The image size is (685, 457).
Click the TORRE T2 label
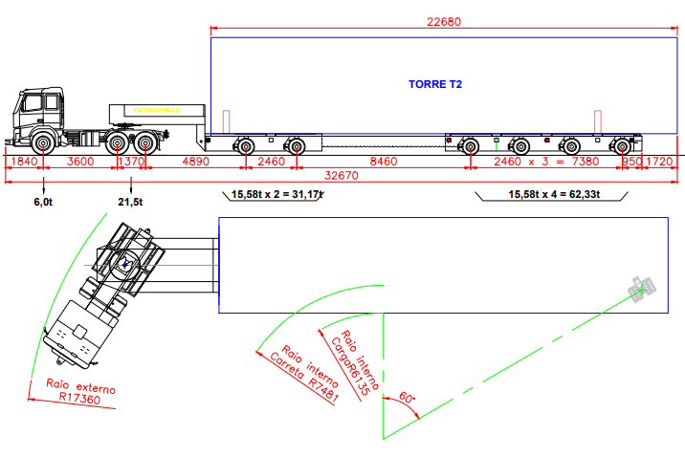[x=435, y=85]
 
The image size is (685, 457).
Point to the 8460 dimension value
[x=383, y=162]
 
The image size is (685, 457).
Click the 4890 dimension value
[x=194, y=162]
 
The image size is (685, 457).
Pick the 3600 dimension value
[x=79, y=162]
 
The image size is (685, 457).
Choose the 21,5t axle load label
[x=130, y=202]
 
